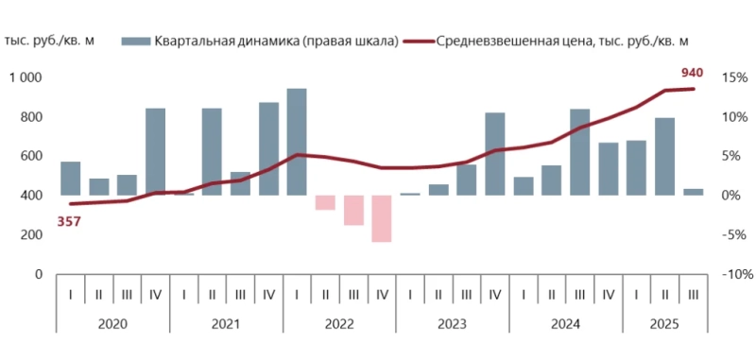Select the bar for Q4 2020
(155, 151)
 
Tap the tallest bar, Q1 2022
(297, 142)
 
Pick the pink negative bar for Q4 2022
(382, 218)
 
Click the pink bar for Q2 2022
(325, 202)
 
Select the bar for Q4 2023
(495, 153)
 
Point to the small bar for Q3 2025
(694, 192)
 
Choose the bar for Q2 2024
(552, 180)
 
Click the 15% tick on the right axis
(732, 77)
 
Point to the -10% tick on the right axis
(730, 274)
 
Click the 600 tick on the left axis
(31, 156)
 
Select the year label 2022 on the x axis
(339, 323)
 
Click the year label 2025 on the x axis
(665, 323)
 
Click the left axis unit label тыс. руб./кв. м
(49, 41)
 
